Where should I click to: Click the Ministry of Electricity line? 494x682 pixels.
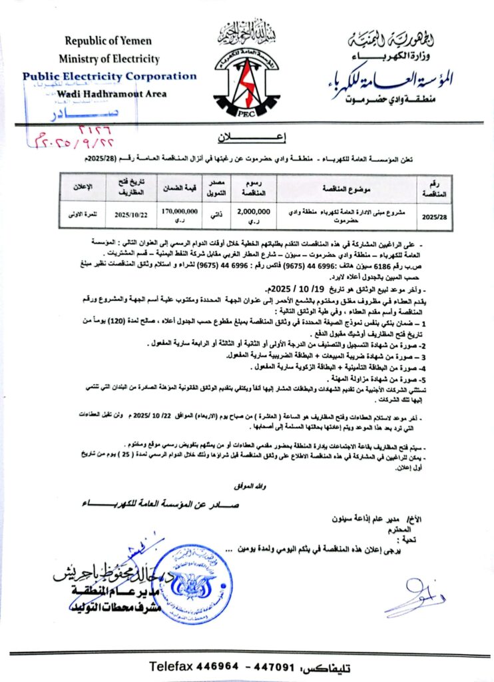point(108,59)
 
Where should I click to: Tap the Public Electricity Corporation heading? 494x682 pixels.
point(109,76)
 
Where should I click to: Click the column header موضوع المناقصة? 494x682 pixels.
point(344,187)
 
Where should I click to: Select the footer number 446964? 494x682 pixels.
point(220,665)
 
